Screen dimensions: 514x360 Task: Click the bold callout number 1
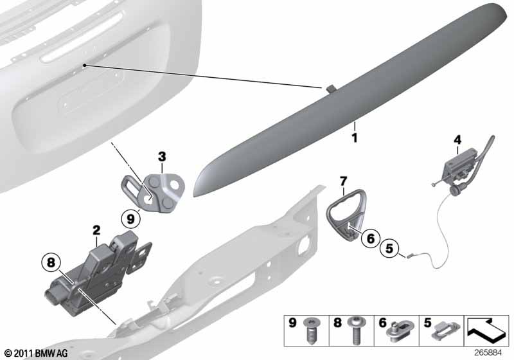pyautogui.click(x=355, y=138)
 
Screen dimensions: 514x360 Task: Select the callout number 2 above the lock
pyautogui.click(x=96, y=230)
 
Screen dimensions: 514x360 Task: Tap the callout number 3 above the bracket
pyautogui.click(x=162, y=157)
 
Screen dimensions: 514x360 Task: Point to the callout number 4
pyautogui.click(x=457, y=140)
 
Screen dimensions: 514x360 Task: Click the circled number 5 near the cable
pyautogui.click(x=389, y=248)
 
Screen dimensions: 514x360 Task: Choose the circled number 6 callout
pyautogui.click(x=371, y=238)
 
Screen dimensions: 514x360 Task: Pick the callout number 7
pyautogui.click(x=343, y=181)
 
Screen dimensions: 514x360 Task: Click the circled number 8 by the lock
pyautogui.click(x=51, y=262)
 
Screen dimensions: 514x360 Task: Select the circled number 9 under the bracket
pyautogui.click(x=130, y=219)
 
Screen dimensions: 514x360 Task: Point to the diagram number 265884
pyautogui.click(x=488, y=353)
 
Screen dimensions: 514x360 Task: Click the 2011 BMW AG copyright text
pyautogui.click(x=37, y=353)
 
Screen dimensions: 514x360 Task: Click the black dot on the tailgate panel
pyautogui.click(x=85, y=65)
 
